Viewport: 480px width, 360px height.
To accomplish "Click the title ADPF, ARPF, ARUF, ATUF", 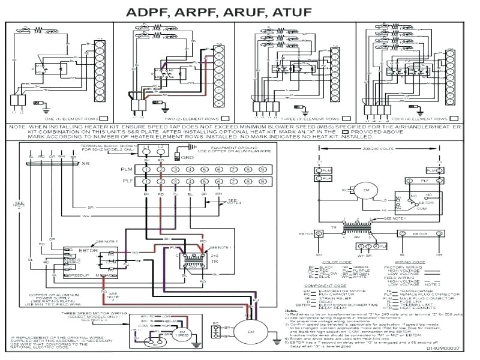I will tap(239, 11).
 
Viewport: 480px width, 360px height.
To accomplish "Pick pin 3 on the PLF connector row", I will tap(175, 181).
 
